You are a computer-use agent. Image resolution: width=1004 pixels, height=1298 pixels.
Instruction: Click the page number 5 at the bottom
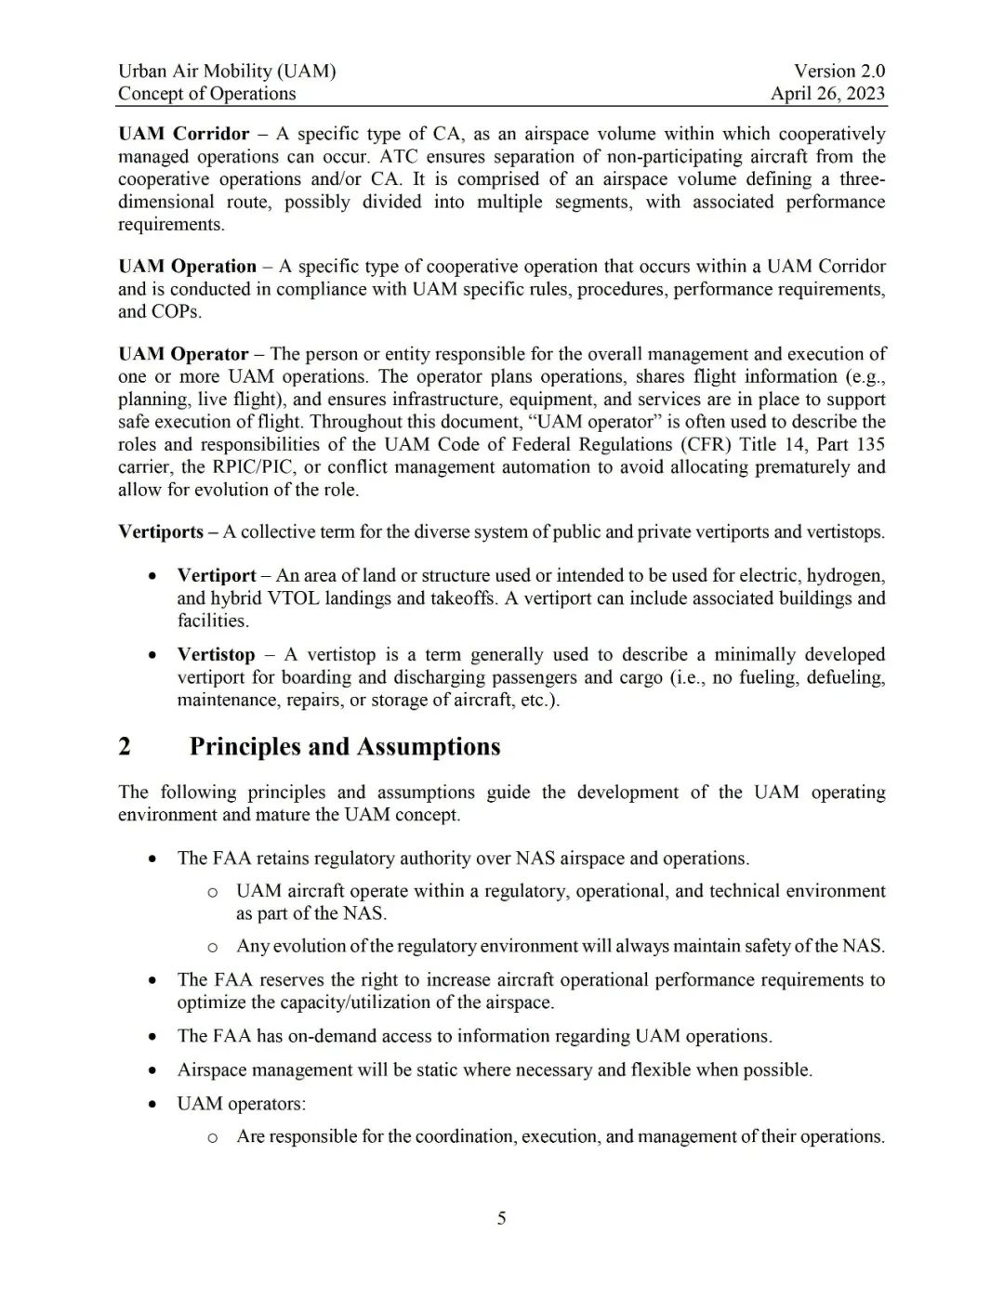[x=502, y=1218]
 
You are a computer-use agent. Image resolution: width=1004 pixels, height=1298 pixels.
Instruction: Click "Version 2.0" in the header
[x=839, y=71]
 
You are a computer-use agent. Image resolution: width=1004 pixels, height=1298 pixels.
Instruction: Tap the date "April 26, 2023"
[x=827, y=93]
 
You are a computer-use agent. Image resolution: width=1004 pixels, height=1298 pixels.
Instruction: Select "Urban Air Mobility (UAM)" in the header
[x=227, y=71]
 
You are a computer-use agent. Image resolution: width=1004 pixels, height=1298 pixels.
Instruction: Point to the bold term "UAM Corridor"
[x=184, y=134]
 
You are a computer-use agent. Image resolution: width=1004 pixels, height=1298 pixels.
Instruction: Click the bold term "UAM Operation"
[x=187, y=267]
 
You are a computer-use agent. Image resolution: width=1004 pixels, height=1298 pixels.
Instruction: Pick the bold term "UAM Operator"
[x=183, y=354]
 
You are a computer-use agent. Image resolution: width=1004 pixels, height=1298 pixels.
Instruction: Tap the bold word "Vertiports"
[x=161, y=532]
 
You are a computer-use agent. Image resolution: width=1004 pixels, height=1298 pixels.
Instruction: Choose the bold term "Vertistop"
[x=216, y=655]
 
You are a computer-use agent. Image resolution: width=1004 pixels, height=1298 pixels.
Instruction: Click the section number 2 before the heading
[x=125, y=747]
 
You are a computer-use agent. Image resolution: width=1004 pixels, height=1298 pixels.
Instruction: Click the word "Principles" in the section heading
[x=244, y=747]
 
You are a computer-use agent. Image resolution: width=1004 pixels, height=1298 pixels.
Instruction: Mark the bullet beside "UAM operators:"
[x=152, y=1104]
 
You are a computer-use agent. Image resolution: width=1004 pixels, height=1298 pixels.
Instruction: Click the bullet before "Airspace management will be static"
[x=152, y=1070]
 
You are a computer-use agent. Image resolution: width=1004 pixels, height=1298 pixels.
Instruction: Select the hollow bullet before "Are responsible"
[x=212, y=1137]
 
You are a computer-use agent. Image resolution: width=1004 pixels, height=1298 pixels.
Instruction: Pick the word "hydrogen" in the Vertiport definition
[x=847, y=575]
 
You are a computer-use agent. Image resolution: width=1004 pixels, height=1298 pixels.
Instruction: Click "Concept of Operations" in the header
[x=206, y=93]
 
